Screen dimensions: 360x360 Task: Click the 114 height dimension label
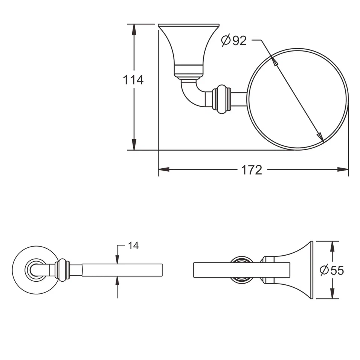point(133,80)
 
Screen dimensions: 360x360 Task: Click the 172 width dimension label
point(251,170)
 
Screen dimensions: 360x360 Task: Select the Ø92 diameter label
point(234,40)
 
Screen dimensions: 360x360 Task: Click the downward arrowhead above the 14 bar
point(117,259)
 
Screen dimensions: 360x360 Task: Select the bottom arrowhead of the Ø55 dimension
point(332,294)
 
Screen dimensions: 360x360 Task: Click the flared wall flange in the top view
point(189,47)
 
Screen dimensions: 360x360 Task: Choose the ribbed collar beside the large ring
point(221,99)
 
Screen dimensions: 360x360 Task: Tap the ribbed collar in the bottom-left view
point(62,270)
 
